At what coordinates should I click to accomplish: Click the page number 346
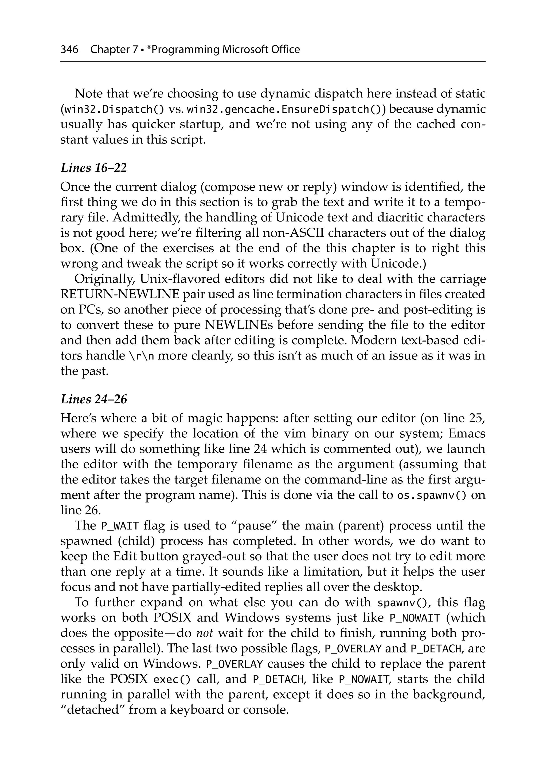click(x=69, y=50)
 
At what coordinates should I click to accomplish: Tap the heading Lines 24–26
click(x=94, y=399)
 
